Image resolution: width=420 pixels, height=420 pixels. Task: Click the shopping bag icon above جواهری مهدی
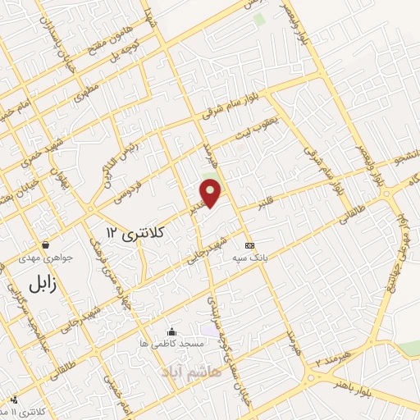point(45,244)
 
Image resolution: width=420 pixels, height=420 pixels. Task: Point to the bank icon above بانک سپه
point(249,245)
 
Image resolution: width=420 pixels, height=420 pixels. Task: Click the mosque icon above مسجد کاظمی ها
point(171,331)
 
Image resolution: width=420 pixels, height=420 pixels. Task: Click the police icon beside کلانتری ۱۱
point(13,401)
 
